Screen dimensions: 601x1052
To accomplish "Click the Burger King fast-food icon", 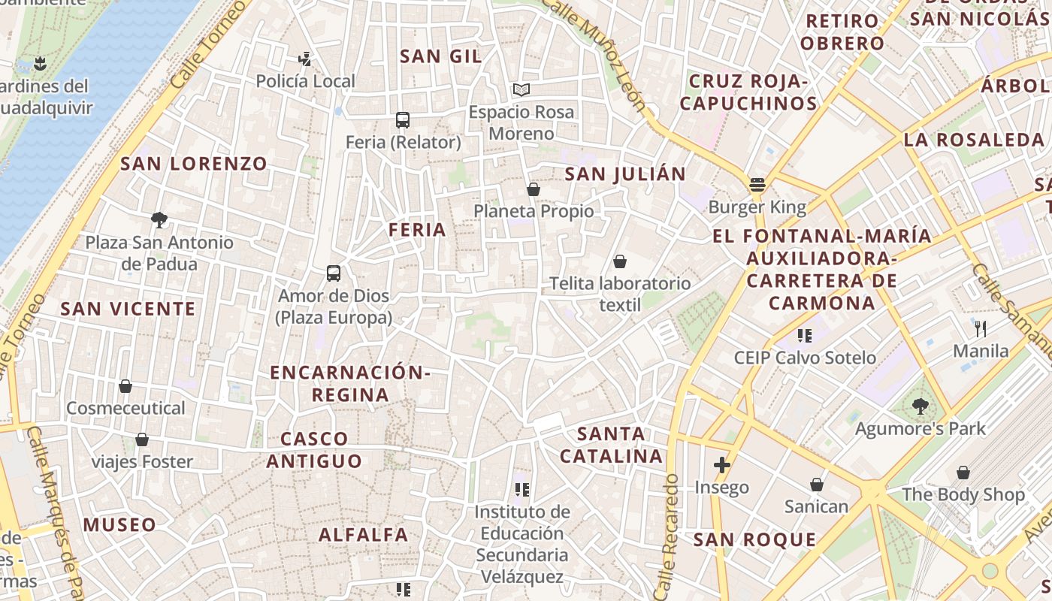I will pyautogui.click(x=757, y=185).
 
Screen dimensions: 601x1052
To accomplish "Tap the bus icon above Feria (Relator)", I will pyautogui.click(x=403, y=120).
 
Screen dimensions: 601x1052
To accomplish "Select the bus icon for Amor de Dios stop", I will pyautogui.click(x=334, y=273).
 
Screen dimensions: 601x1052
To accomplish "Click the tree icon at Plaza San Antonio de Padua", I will pyautogui.click(x=159, y=220).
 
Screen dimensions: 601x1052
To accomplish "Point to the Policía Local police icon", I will pyautogui.click(x=305, y=59).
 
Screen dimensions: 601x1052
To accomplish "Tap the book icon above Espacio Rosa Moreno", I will pyautogui.click(x=521, y=90).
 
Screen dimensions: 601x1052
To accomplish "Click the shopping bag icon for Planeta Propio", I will pyautogui.click(x=534, y=189).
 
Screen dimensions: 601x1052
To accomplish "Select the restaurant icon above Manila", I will pyautogui.click(x=981, y=328).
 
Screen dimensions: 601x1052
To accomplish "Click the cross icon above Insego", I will pyautogui.click(x=721, y=465).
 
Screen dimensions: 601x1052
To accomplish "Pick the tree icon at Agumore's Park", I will pyautogui.click(x=920, y=406).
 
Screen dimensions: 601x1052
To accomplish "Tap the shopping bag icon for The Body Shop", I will pyautogui.click(x=963, y=473).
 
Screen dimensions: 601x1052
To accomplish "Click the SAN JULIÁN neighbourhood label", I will pyautogui.click(x=625, y=174).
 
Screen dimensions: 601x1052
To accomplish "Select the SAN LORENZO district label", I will pyautogui.click(x=194, y=164).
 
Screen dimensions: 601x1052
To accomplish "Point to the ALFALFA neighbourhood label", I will pyautogui.click(x=364, y=535).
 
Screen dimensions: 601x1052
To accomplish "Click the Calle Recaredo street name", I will pyautogui.click(x=666, y=535).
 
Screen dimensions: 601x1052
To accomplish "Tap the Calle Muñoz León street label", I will pyautogui.click(x=594, y=53).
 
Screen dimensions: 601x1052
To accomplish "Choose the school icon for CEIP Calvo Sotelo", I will pyautogui.click(x=805, y=336).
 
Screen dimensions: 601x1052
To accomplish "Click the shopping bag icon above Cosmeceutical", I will pyautogui.click(x=125, y=386).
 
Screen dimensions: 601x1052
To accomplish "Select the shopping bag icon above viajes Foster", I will pyautogui.click(x=142, y=439).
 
